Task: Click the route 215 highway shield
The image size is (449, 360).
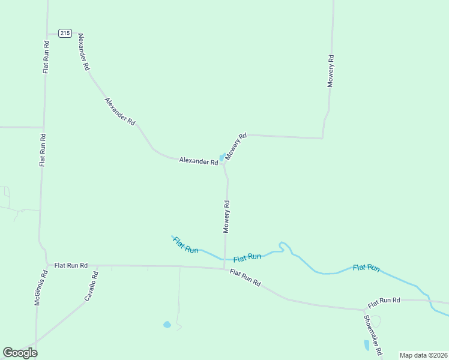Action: pos(65,34)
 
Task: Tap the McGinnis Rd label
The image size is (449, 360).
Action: pos(40,288)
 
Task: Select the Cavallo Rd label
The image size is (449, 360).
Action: pos(90,286)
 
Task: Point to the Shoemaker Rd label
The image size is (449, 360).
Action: pos(373,334)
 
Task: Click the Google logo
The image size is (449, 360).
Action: pos(20,352)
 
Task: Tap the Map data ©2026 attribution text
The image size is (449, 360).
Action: pos(423,355)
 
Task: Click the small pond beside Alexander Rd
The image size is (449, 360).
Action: pos(222,157)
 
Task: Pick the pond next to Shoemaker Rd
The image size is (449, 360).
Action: pos(367,345)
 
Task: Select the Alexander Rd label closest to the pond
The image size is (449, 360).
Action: pos(198,161)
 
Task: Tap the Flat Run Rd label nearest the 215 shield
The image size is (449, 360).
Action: pos(46,57)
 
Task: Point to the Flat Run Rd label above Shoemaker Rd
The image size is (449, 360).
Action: pos(384,300)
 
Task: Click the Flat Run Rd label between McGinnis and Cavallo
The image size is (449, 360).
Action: pos(71,265)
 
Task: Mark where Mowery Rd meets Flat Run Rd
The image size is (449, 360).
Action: pos(224,268)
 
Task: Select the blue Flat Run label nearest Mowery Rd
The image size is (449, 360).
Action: pos(247,257)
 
